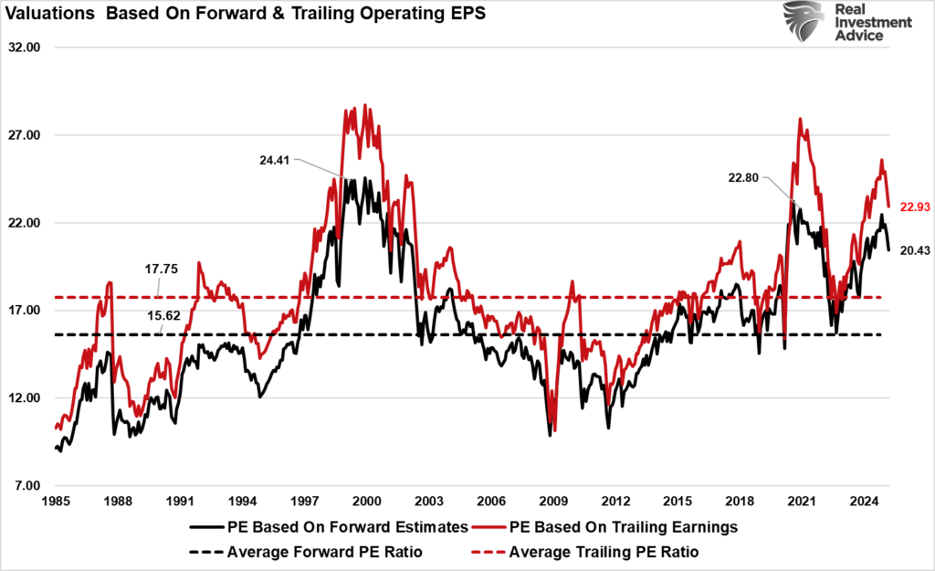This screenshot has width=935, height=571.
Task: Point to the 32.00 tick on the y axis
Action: (27, 48)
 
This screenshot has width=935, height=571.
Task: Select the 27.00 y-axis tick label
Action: (27, 135)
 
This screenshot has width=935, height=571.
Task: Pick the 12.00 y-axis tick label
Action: (27, 398)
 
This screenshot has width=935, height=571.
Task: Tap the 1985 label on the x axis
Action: (56, 502)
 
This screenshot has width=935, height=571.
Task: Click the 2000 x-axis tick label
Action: (366, 502)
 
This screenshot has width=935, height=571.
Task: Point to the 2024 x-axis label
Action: (864, 502)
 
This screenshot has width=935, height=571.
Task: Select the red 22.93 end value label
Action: (914, 206)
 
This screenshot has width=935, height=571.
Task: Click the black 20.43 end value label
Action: (914, 250)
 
